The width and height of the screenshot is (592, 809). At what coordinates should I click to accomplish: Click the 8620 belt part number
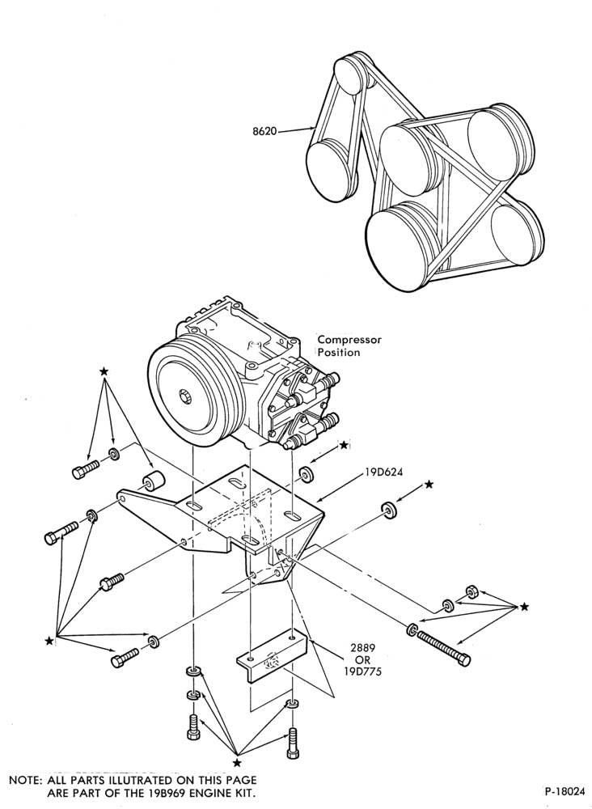pos(264,131)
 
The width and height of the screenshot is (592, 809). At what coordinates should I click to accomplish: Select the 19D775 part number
pos(363,671)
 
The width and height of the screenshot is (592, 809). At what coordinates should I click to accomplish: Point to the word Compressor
pos(349,340)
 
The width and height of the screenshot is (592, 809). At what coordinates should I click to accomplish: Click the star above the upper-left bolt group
pos(104,371)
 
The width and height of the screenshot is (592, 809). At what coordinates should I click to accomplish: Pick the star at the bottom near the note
pos(237,763)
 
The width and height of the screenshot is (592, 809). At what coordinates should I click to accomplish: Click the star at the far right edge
pos(524,606)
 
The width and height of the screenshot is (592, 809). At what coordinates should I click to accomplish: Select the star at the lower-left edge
pos(49,641)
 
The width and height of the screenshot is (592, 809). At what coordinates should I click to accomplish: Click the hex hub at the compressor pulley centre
pos(187,397)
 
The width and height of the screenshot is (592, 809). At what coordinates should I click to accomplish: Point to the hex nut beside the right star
pos(471,591)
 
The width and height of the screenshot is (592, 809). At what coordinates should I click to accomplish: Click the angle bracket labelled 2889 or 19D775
pos(272,660)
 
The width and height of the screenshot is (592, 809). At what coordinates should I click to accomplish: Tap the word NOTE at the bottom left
pos(23,780)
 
